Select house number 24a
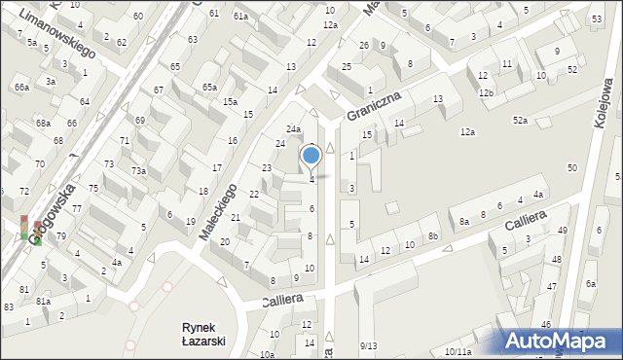coord(293,129)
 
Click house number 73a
coord(139,171)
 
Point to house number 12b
coord(486,93)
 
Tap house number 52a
coord(521,120)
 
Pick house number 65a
coord(208,87)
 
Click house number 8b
coord(433,236)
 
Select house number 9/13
coord(368,345)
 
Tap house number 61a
coord(240,17)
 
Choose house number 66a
coord(21,88)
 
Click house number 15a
coord(230,102)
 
